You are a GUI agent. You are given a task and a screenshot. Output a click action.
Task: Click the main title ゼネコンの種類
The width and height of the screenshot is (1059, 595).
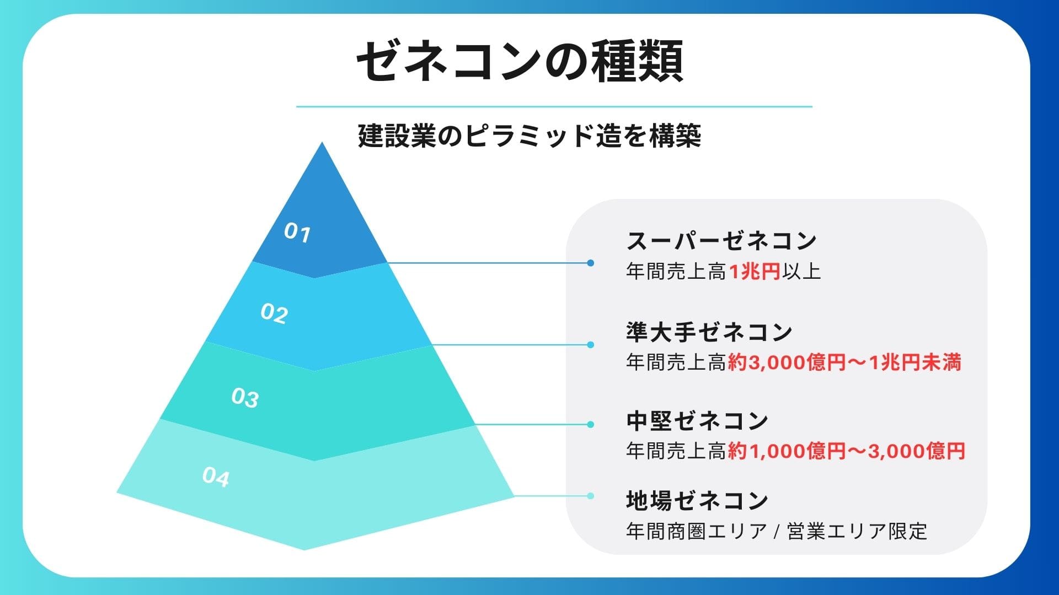(520, 62)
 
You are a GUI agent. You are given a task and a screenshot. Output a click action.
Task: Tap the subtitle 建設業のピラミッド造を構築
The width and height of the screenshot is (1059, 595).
(529, 136)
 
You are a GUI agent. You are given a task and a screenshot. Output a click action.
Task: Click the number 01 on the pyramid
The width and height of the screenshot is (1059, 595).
(297, 233)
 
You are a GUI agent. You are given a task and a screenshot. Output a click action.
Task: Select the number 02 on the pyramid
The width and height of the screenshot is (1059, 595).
(274, 314)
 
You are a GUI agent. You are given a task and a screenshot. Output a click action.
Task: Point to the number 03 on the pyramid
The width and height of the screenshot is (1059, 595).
(245, 398)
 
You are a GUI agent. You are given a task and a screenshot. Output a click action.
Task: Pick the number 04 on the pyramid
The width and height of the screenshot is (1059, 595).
(216, 477)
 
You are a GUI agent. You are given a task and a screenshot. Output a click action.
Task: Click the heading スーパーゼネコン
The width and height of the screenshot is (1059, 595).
(721, 241)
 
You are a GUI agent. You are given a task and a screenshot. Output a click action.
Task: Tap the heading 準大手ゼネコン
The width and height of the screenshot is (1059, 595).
(709, 332)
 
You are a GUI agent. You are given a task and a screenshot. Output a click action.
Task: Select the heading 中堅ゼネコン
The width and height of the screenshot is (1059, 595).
(697, 421)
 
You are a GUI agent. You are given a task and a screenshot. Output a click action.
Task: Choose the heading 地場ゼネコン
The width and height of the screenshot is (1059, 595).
(697, 500)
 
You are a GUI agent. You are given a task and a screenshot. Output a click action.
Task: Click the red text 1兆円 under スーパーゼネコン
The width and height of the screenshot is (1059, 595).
(755, 271)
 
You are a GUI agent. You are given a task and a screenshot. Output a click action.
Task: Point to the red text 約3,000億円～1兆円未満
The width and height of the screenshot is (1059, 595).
(844, 363)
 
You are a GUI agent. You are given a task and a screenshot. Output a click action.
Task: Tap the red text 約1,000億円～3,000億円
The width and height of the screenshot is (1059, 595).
(846, 451)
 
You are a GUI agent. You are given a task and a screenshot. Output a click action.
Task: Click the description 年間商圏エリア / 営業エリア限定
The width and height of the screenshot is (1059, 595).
(777, 531)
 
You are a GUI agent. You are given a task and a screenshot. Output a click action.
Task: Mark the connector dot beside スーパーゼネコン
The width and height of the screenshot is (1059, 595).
(591, 263)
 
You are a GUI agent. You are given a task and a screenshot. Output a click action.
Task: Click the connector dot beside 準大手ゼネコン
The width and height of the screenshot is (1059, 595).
(591, 345)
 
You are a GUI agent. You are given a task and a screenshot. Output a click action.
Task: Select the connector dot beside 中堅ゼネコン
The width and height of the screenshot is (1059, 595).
(591, 425)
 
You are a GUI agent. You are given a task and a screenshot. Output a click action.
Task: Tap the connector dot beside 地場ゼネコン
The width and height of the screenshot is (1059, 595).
(591, 496)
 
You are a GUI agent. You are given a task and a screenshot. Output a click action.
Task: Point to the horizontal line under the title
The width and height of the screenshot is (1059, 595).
(554, 107)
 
